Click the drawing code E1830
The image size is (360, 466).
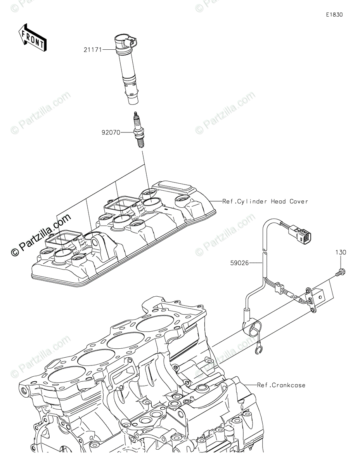[334, 15]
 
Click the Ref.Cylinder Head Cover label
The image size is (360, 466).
[265, 202]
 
